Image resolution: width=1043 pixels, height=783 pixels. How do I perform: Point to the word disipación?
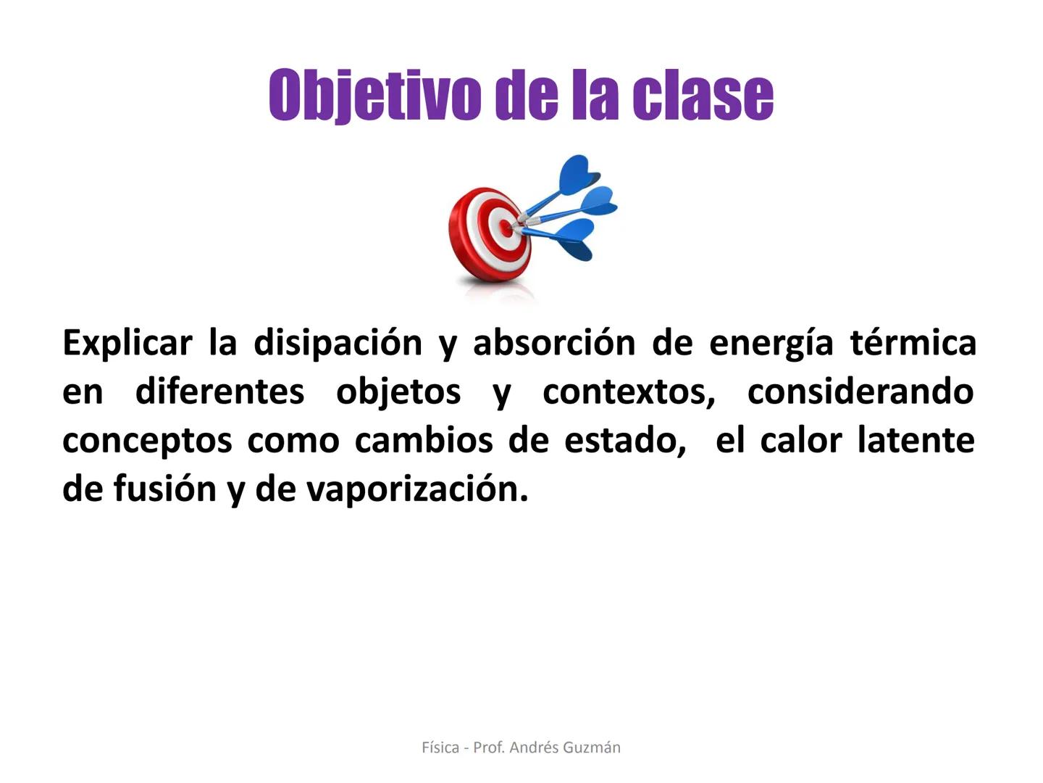click(x=338, y=343)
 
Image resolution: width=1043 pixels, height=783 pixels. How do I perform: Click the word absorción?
click(x=554, y=342)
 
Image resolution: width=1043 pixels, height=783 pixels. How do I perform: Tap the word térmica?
click(x=913, y=342)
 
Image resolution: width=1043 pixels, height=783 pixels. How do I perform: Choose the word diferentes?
click(x=219, y=391)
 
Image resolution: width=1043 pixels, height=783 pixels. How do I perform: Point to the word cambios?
click(x=424, y=439)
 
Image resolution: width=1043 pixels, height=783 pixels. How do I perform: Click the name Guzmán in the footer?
click(x=592, y=747)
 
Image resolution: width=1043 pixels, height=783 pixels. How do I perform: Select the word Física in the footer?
click(x=440, y=747)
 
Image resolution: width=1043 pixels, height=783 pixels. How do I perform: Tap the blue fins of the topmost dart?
click(x=578, y=175)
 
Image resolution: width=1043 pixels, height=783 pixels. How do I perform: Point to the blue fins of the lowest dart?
click(x=574, y=241)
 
